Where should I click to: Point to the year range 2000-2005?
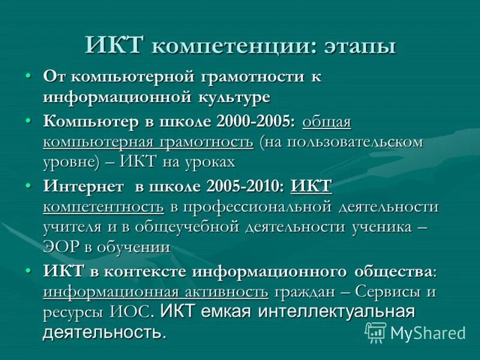click(x=257, y=122)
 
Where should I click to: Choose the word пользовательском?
click(x=348, y=142)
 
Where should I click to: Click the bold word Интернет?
click(x=84, y=187)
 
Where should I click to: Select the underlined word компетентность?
click(x=103, y=207)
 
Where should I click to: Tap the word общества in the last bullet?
click(x=391, y=271)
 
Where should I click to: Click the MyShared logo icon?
click(x=376, y=332)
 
